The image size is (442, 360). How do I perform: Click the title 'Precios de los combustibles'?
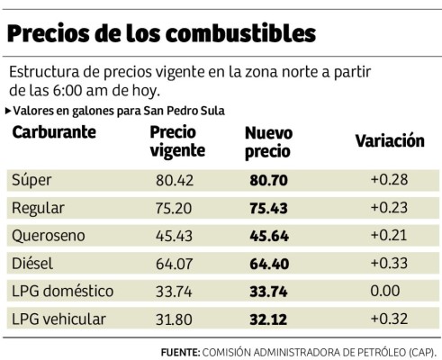(161, 32)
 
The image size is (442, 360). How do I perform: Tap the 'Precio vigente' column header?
(177, 141)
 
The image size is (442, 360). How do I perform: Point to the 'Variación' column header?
(389, 141)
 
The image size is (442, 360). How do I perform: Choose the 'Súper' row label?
(32, 180)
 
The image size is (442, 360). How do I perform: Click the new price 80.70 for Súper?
(266, 180)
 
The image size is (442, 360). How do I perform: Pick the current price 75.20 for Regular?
(174, 209)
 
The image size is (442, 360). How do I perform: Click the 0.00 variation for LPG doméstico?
(388, 292)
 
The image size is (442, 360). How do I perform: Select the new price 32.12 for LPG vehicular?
(266, 320)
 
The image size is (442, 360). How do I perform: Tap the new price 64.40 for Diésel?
(266, 265)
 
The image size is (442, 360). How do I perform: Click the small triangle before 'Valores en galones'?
(9, 110)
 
